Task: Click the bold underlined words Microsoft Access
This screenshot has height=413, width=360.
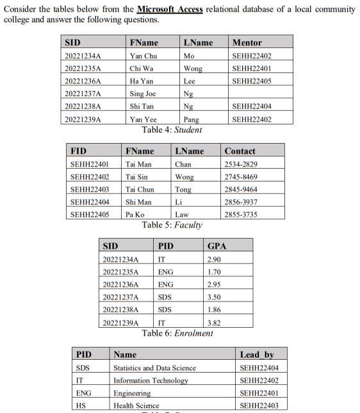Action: click(170, 10)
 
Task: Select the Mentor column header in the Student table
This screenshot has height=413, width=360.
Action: click(247, 43)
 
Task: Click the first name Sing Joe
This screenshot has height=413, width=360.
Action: click(143, 94)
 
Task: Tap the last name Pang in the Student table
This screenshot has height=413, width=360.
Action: click(191, 119)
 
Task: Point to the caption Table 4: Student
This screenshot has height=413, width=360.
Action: click(172, 130)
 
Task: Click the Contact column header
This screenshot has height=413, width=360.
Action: click(240, 151)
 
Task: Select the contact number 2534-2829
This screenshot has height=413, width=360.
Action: click(241, 164)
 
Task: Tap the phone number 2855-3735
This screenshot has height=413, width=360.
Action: click(241, 214)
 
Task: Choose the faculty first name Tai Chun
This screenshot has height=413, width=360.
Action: click(140, 189)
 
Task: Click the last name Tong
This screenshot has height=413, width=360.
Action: click(183, 189)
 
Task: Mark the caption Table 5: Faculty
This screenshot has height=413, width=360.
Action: click(172, 224)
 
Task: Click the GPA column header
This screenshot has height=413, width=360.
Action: click(217, 246)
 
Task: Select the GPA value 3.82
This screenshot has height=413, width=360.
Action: click(215, 323)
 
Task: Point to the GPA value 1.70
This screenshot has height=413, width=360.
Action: click(215, 271)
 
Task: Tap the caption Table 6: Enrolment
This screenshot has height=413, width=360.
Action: click(177, 333)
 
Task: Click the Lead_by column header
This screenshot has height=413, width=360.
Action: click(256, 355)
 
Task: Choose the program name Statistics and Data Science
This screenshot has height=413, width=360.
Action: click(154, 367)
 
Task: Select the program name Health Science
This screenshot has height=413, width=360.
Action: click(136, 405)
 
